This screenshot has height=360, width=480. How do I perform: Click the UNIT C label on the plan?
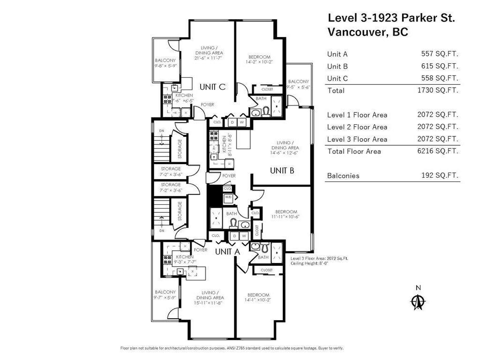click(x=212, y=87)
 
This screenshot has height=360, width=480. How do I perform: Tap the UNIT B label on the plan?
click(x=282, y=171)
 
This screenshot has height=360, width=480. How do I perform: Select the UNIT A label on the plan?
click(x=227, y=252)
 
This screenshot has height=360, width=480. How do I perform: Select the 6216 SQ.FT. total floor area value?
click(x=438, y=151)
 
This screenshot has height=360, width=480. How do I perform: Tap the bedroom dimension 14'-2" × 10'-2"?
click(x=259, y=61)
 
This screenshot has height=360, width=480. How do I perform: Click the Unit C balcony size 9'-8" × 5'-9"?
click(x=165, y=66)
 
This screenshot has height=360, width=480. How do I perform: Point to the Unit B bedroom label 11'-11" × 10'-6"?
click(x=286, y=217)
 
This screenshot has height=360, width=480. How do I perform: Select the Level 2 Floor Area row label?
click(x=357, y=127)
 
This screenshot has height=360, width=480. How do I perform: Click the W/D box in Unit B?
click(x=228, y=197)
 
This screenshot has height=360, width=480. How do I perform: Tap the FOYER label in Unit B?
click(x=229, y=176)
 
